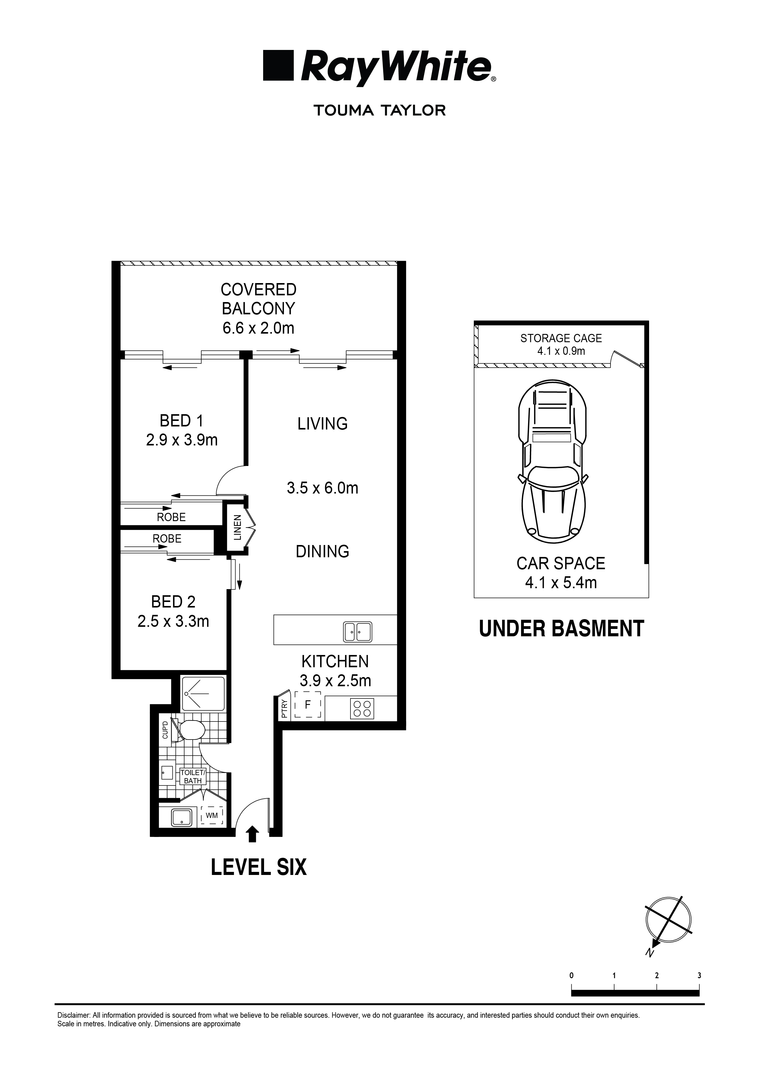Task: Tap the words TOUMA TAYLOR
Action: click(379, 111)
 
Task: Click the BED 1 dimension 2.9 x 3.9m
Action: click(182, 440)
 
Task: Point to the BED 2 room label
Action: click(173, 602)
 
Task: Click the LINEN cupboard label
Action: click(237, 527)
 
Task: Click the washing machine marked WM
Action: click(212, 815)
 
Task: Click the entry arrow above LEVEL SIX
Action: click(252, 834)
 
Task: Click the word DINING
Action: click(322, 551)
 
